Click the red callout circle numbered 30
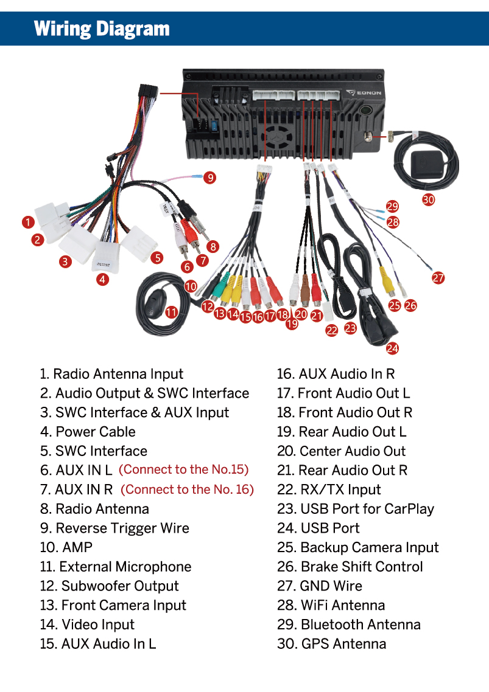[x=429, y=199]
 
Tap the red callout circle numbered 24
[x=392, y=348]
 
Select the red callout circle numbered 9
[x=209, y=178]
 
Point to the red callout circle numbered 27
[x=438, y=278]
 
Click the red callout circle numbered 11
[x=172, y=312]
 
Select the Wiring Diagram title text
[x=102, y=29]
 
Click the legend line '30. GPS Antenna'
[x=331, y=644]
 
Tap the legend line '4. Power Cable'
[x=88, y=432]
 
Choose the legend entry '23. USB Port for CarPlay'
[x=355, y=509]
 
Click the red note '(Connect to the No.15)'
[x=183, y=469]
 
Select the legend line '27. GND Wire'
[x=319, y=586]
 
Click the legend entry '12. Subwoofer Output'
[x=109, y=586]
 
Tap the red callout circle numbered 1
[x=28, y=222]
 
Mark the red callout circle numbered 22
[x=332, y=331]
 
